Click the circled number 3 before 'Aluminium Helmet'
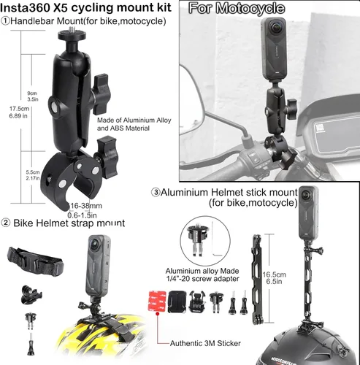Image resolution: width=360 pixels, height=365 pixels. pos(156,193)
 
